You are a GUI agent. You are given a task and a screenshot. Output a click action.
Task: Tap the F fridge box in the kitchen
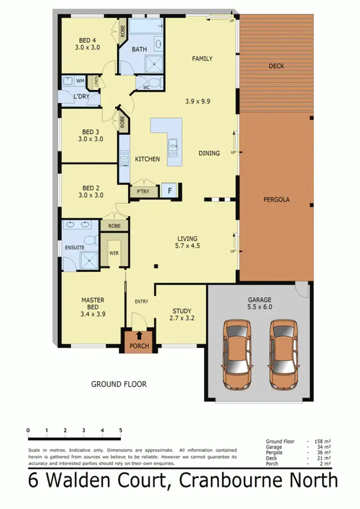pos(169,191)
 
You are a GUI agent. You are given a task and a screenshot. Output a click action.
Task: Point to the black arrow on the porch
pos(140,335)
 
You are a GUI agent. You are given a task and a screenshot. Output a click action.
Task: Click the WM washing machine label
pos(80,81)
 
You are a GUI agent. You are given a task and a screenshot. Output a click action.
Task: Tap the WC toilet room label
pos(146,87)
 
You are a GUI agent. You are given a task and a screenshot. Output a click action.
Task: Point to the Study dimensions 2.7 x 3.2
pos(181,318)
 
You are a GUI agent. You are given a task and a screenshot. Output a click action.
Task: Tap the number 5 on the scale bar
pos(120,430)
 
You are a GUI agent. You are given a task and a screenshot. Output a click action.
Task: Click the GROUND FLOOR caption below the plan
pos(119,384)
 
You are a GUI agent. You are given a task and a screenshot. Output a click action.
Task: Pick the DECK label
pos(276,66)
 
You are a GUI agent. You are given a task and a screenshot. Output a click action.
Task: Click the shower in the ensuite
pos(88,259)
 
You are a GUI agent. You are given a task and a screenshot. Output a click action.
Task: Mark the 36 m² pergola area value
pos(324,452)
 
